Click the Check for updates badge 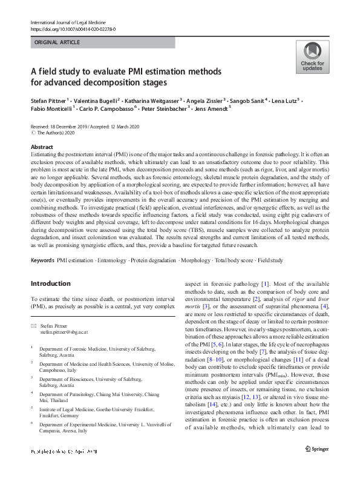[312, 57]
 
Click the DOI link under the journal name [73, 29]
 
